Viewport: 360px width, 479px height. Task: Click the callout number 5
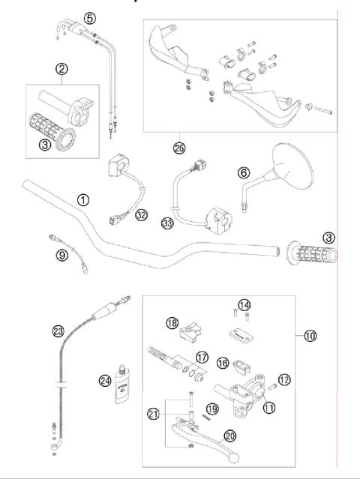[x=89, y=17]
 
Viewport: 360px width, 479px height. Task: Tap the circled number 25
[x=178, y=148]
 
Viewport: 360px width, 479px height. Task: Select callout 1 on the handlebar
[x=83, y=200]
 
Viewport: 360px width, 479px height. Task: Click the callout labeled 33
[x=167, y=223]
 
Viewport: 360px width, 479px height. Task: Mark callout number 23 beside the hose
[x=58, y=328]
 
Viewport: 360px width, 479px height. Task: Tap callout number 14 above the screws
[x=241, y=304]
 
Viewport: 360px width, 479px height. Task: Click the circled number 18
[x=172, y=323]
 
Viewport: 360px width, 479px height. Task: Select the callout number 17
[x=201, y=357]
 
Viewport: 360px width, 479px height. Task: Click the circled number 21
[x=154, y=414]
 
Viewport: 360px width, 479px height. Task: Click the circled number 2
[x=61, y=70]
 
